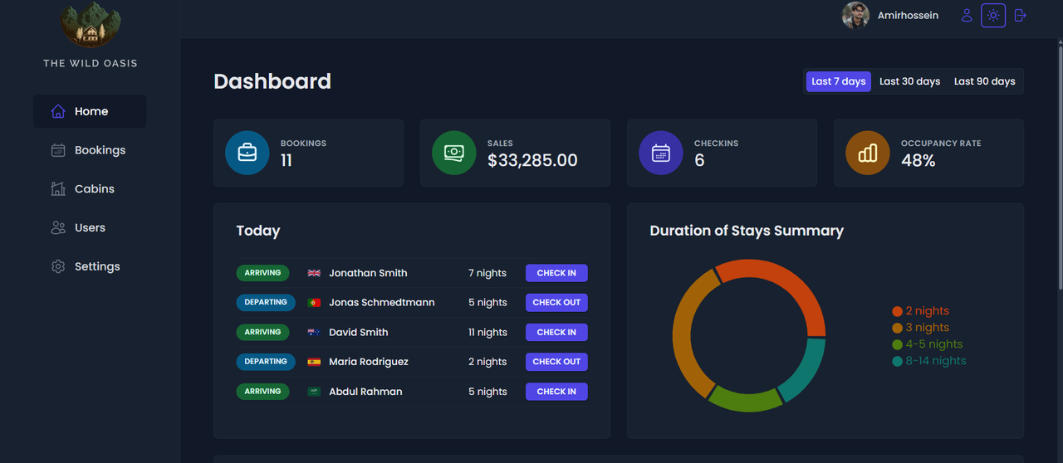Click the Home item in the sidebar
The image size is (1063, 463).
click(90, 111)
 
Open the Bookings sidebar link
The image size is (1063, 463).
click(99, 150)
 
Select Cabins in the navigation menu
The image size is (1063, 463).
click(94, 189)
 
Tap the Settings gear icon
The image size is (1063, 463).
click(58, 266)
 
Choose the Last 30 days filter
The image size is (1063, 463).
click(909, 81)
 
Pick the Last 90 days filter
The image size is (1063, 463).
click(984, 81)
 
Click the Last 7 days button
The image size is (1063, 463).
click(838, 81)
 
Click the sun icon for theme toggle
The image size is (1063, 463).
click(993, 16)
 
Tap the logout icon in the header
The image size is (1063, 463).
click(1021, 16)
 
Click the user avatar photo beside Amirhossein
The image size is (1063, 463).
click(855, 16)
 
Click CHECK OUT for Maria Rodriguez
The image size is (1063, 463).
click(556, 362)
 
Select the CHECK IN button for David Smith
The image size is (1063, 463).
click(556, 332)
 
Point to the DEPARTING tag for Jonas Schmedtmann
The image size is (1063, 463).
click(266, 302)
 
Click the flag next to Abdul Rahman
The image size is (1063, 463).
click(314, 392)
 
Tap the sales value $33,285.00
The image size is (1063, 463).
click(532, 161)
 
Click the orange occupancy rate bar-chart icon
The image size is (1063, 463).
click(867, 153)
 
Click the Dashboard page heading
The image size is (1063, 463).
click(272, 81)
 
